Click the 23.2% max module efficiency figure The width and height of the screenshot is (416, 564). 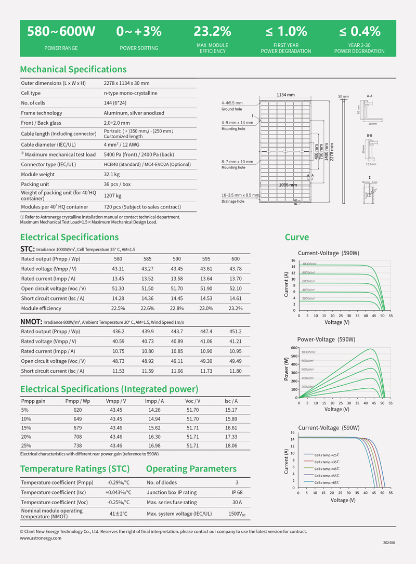(x=212, y=31)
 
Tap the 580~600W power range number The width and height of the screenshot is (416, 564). (x=61, y=31)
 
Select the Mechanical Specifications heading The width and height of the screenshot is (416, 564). (x=73, y=69)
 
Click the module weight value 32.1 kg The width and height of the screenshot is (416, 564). (x=112, y=174)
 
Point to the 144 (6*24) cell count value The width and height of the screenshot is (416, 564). (x=115, y=103)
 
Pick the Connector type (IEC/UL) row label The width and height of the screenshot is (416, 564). (x=48, y=164)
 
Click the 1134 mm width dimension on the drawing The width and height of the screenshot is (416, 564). (x=285, y=95)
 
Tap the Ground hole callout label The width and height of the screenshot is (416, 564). (x=231, y=109)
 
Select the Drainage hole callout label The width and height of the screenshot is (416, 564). (x=233, y=201)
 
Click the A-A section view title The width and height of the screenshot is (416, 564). (x=370, y=96)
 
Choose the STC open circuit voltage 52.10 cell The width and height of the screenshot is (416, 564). (x=236, y=288)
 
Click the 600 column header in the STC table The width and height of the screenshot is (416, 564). (x=236, y=258)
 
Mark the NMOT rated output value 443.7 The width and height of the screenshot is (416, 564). (x=177, y=331)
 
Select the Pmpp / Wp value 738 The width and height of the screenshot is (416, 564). (x=78, y=445)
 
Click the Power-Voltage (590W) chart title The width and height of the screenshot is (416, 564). (x=326, y=339)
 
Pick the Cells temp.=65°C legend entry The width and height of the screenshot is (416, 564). (x=327, y=482)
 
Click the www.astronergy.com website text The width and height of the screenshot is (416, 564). (x=41, y=538)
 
